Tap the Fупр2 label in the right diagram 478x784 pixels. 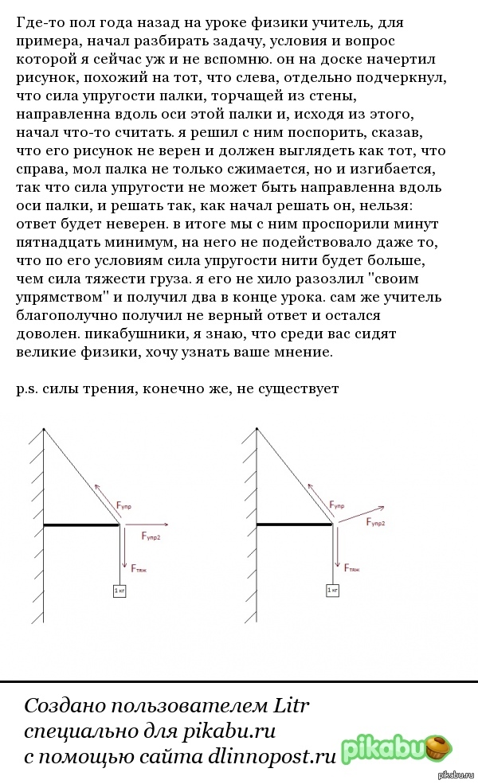click(x=376, y=522)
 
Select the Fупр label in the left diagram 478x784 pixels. click(x=124, y=505)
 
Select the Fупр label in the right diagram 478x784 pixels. click(x=337, y=505)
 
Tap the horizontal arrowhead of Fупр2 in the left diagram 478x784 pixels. click(x=165, y=525)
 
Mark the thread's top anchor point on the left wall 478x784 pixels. click(x=43, y=427)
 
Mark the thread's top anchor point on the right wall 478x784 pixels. click(x=257, y=427)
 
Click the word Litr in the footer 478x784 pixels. click(x=291, y=706)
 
